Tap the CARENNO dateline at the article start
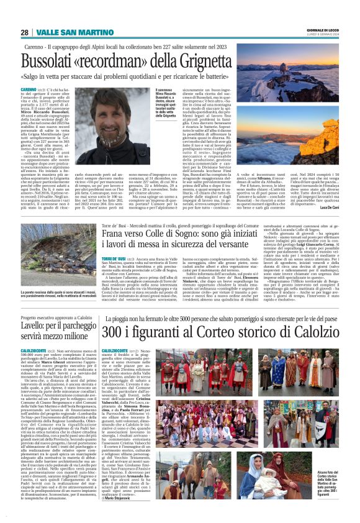pyautogui.click(x=29, y=89)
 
